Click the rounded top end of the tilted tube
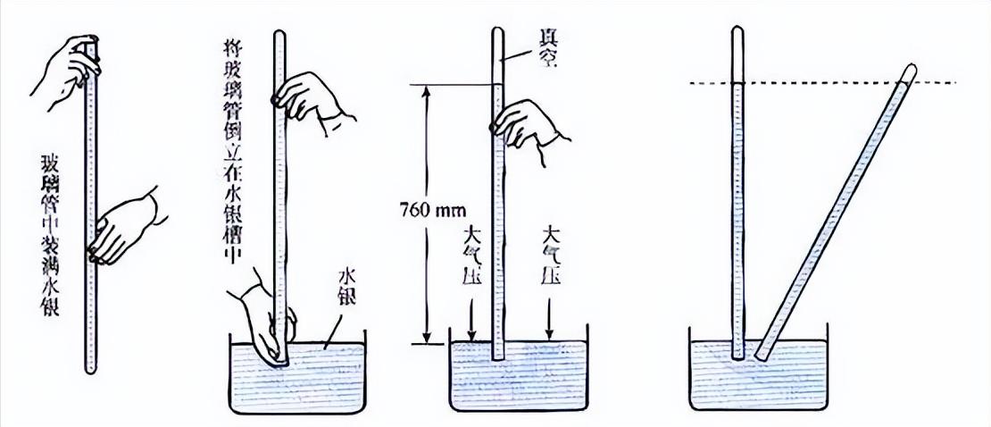[x=910, y=69]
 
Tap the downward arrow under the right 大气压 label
[x=550, y=322]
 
